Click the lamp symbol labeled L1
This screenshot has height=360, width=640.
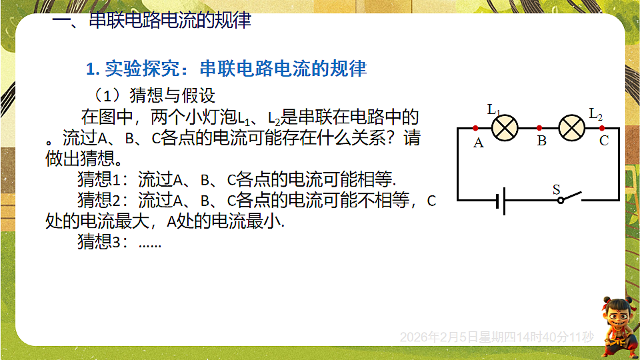(x=505, y=127)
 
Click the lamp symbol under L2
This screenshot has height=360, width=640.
(x=571, y=127)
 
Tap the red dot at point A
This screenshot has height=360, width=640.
(x=475, y=127)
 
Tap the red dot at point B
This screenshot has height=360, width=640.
(x=539, y=127)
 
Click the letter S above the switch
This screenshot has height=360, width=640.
(x=556, y=189)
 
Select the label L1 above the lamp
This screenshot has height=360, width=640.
(x=495, y=109)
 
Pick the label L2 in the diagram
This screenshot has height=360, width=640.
(x=595, y=114)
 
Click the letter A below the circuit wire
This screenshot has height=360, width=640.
(x=478, y=142)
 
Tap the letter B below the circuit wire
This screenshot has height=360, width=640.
(x=541, y=141)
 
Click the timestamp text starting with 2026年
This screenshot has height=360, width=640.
(x=496, y=337)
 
